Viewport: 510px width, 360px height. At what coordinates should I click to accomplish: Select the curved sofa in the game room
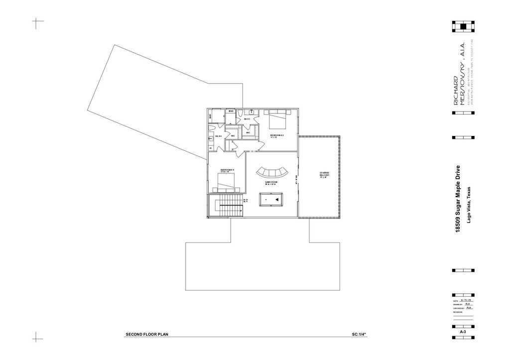(272, 172)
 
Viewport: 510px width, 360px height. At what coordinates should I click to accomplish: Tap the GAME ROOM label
(271, 183)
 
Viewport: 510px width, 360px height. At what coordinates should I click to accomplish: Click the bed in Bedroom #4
(227, 186)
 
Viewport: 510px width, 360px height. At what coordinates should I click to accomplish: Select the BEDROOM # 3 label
(277, 135)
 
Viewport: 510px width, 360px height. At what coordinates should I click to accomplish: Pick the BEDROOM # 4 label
(227, 170)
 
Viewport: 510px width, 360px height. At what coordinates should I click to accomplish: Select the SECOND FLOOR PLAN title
(147, 334)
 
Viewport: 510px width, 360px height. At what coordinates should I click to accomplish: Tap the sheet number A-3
(463, 331)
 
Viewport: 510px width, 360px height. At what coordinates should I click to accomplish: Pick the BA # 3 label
(247, 119)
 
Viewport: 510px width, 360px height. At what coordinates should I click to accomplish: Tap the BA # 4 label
(218, 136)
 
